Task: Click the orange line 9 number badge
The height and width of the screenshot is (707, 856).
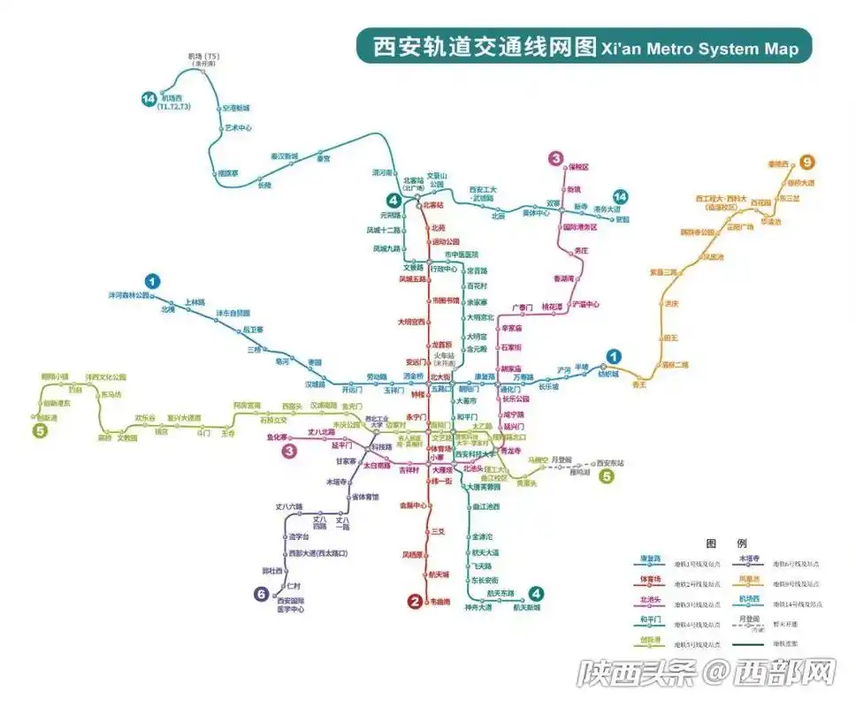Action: click(806, 162)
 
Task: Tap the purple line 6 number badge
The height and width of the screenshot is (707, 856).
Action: click(261, 595)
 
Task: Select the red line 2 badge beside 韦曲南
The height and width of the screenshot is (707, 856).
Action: click(414, 602)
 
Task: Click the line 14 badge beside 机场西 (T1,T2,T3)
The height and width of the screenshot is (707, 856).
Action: click(149, 99)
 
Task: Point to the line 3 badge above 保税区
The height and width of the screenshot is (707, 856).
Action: click(555, 159)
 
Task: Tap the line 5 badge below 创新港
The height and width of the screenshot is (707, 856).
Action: click(39, 431)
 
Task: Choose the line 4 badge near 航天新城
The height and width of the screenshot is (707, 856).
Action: click(535, 593)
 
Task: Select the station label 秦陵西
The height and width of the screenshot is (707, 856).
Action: click(777, 164)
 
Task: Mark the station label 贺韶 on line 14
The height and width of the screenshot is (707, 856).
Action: click(623, 219)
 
